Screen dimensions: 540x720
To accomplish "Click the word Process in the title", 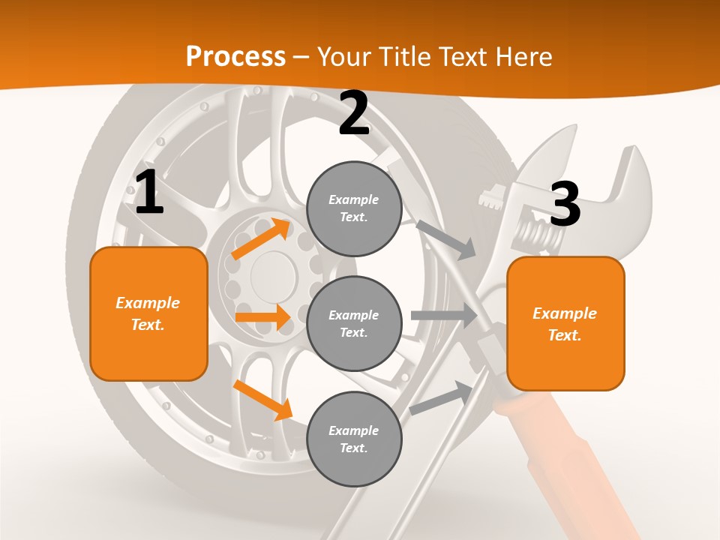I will [235, 57].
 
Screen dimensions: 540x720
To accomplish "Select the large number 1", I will [148, 192].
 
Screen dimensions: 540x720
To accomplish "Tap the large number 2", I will [354, 114].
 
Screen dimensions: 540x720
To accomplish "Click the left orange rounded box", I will [148, 313].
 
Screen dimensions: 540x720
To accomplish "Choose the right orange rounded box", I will [565, 324].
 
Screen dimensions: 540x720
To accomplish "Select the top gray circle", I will [354, 208].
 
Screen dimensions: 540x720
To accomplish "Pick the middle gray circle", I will [354, 323].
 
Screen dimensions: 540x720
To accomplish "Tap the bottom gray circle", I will [354, 439].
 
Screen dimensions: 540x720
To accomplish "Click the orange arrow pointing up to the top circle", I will [261, 238].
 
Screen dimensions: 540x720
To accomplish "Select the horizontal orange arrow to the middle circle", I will [262, 317].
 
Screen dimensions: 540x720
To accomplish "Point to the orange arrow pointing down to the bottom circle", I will [262, 399].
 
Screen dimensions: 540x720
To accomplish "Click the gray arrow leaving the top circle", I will [445, 239].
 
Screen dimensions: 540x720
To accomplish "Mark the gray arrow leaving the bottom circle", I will [442, 398].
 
